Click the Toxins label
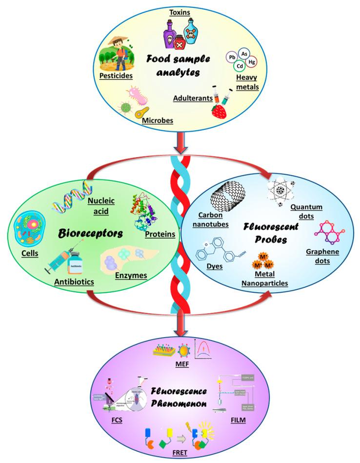click(180, 11)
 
